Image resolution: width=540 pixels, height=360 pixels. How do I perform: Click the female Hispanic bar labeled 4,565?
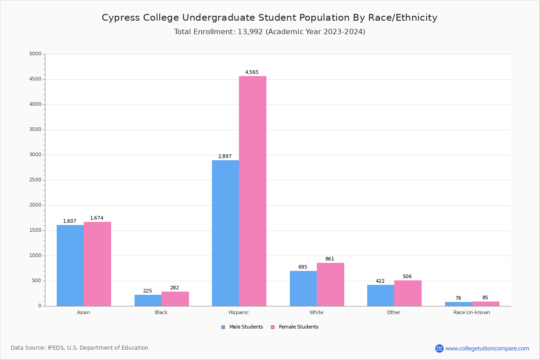click(x=252, y=191)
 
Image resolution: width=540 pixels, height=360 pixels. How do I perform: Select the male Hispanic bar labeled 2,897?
click(x=225, y=233)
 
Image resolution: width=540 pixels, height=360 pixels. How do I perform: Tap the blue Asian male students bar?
click(x=70, y=265)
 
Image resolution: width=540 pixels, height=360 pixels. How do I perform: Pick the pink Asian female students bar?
click(x=97, y=264)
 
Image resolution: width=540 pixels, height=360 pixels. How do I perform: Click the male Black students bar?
click(x=148, y=300)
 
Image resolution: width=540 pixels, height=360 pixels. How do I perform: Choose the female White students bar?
click(x=330, y=284)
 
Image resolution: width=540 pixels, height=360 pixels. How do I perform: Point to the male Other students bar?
click(x=381, y=295)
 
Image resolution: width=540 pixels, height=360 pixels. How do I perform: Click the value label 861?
click(x=330, y=259)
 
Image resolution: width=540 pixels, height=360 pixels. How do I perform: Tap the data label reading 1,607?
click(x=70, y=221)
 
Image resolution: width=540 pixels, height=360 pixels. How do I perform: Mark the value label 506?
click(x=407, y=277)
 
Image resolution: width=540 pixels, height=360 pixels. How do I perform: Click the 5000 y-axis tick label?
click(x=35, y=54)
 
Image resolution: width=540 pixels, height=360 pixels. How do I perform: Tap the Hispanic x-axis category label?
click(x=238, y=312)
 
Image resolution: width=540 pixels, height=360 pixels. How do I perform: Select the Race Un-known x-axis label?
click(x=472, y=312)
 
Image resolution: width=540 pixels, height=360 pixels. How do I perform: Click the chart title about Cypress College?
click(x=270, y=18)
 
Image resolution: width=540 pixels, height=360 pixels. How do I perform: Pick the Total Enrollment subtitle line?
click(x=270, y=32)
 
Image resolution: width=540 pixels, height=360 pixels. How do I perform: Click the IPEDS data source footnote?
click(x=80, y=348)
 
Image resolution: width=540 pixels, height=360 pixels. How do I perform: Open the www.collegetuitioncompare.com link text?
click(x=487, y=349)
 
